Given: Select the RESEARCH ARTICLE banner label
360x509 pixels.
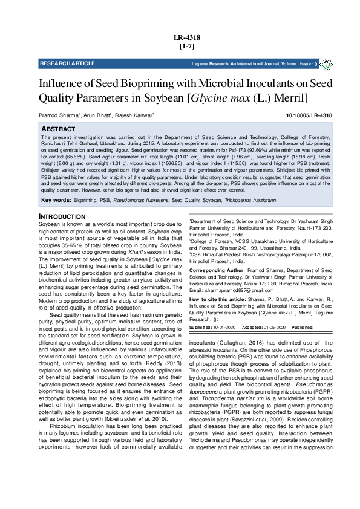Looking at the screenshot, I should point(67,63).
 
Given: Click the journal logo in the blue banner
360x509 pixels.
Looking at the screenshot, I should point(326,63).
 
